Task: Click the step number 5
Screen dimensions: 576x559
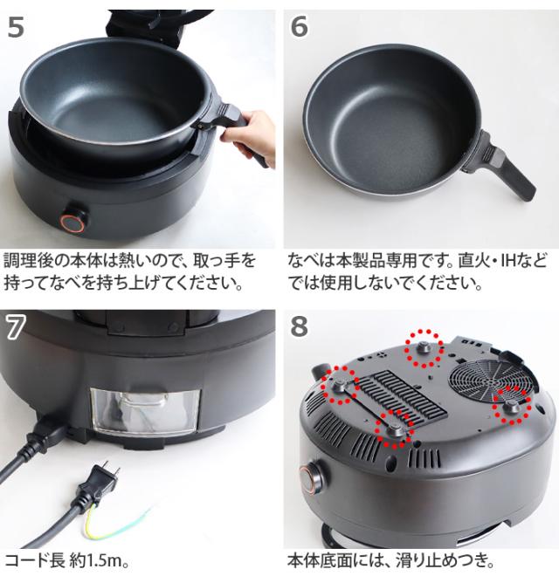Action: coord(16,27)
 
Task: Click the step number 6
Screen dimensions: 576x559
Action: coord(299,27)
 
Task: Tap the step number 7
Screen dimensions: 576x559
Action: coord(16,326)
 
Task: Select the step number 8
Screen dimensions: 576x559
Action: coord(299,326)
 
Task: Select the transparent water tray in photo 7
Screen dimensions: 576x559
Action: coord(145,412)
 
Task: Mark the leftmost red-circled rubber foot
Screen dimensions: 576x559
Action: coord(340,384)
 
